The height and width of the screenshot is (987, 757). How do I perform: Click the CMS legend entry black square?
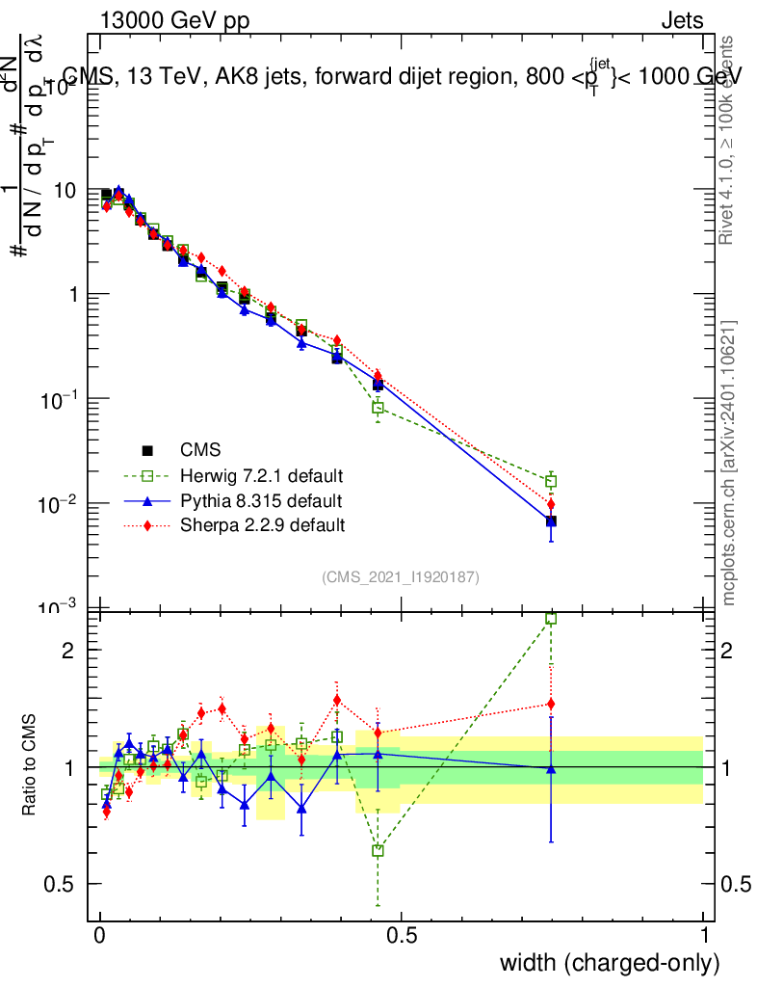[x=147, y=450]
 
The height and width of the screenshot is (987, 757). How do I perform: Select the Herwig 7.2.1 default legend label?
[x=262, y=476]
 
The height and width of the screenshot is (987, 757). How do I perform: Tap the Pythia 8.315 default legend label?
[x=261, y=501]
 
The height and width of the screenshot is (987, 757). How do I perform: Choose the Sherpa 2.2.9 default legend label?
[x=263, y=525]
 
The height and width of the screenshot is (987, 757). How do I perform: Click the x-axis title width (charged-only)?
[x=610, y=962]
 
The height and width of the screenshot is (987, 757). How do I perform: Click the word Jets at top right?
[x=682, y=21]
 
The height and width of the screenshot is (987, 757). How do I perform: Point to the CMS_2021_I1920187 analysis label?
[x=401, y=576]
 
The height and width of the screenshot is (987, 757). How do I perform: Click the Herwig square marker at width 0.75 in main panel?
[x=551, y=481]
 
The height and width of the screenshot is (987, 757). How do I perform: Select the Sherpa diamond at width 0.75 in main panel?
[x=551, y=504]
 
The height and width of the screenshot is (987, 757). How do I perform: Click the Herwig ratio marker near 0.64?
[x=378, y=851]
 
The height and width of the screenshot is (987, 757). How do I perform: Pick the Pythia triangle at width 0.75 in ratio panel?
[x=551, y=768]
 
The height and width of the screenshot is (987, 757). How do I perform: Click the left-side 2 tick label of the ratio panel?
[x=69, y=650]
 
